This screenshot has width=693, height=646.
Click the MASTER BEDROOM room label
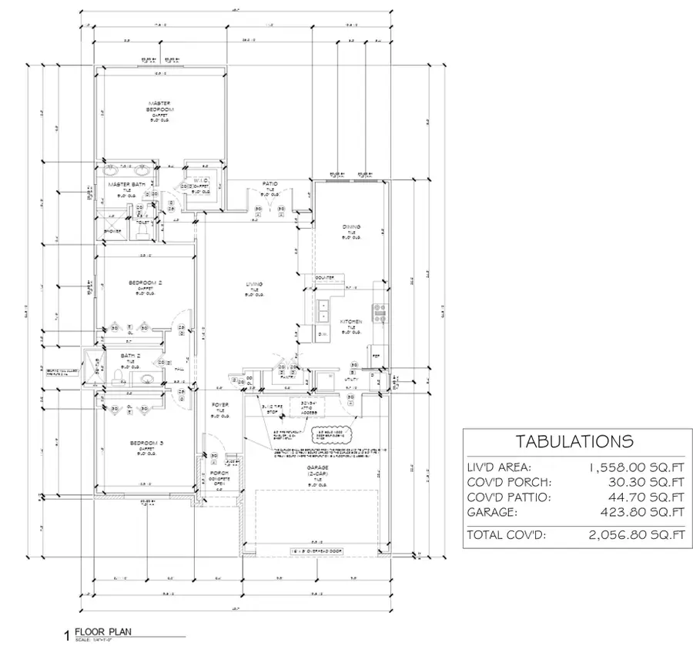pos(159,106)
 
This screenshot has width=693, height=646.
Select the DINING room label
pos(350,226)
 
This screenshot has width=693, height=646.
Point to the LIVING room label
pos(254,285)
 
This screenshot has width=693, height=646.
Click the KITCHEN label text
pos(351,321)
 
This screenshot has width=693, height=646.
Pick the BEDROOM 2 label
pos(145,283)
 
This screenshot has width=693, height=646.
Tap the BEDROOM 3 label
pos(145,443)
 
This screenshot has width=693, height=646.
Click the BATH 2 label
pos(129,355)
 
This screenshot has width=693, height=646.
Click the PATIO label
pos(269,183)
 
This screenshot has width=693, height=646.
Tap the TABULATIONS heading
pos(574,442)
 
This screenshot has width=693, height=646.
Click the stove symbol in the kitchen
pos(379,311)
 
